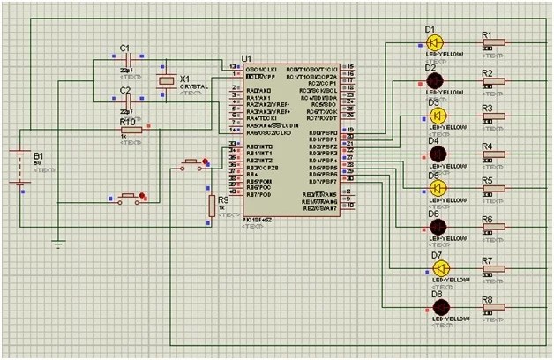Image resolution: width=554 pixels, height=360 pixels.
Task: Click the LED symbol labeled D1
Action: pos(434,41)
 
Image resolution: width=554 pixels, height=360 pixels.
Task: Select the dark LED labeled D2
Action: pos(434,80)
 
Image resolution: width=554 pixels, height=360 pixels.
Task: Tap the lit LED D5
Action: pos(434,189)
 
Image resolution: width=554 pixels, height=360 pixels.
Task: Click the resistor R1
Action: pos(493,42)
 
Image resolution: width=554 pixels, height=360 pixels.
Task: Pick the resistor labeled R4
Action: pos(493,154)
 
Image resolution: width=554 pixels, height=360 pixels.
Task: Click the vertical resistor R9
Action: pos(212,206)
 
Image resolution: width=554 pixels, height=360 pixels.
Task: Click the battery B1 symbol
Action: pos(19,168)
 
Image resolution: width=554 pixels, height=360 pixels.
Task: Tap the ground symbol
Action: pos(58,243)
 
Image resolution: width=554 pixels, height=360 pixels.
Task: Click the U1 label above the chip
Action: pos(244,58)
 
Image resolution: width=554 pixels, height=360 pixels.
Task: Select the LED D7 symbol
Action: pos(440,268)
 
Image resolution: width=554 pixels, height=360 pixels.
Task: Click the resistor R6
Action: pos(493,227)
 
